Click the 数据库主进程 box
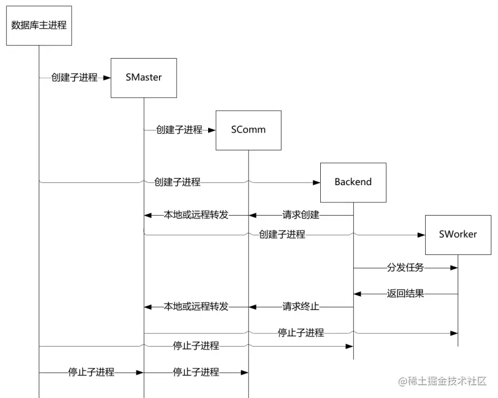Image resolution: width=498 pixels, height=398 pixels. pos(39,25)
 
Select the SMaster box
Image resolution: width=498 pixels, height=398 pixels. pos(144,78)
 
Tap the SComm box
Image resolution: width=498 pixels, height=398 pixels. pos(248,130)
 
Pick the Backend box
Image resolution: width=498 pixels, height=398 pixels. pos(353,182)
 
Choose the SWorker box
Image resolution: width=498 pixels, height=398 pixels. pos(458,234)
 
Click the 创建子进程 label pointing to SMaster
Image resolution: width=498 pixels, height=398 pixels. pos(75,78)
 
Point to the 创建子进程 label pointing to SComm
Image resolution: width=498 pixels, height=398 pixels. pos(179,130)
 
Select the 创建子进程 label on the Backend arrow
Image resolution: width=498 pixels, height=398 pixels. pos(177,182)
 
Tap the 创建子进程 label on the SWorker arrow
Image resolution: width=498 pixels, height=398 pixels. pos(282,234)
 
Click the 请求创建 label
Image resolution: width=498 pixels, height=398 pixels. pos(301,215)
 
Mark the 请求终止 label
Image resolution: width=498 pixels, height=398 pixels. pos(301,306)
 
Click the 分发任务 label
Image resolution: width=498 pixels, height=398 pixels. pos(405,268)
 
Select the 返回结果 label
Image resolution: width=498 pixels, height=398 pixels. pos(405,294)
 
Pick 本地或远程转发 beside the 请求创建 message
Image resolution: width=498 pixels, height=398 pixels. pos(196,215)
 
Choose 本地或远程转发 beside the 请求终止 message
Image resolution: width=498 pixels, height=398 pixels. pos(196,306)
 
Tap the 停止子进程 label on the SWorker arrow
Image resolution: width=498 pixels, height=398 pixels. pos(301,333)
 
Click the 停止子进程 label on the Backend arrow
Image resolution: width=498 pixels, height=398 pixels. pos(196,346)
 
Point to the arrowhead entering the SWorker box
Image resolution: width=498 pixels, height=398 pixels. pos(421,234)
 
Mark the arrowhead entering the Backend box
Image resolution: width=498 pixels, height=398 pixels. pos(316,182)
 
